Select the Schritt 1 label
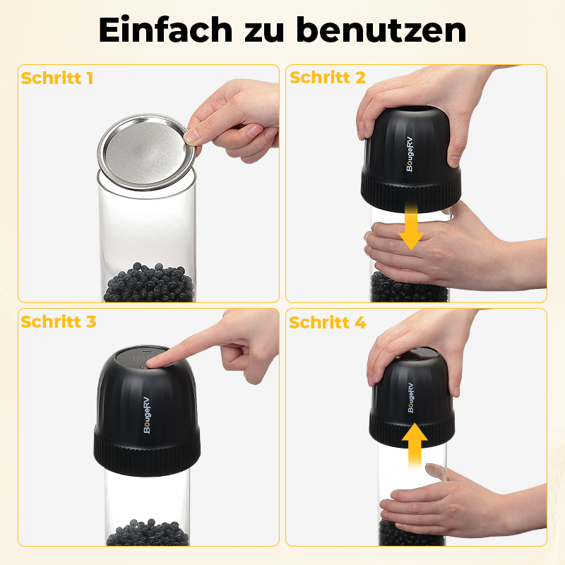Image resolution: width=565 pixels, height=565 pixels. pyautogui.click(x=57, y=78)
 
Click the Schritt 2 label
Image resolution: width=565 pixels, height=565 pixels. pyautogui.click(x=328, y=78)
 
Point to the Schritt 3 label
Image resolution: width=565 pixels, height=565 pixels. pyautogui.click(x=59, y=322)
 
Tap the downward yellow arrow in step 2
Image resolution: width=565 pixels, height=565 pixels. pyautogui.click(x=410, y=227)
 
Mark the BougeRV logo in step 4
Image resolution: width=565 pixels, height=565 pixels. pyautogui.click(x=410, y=398)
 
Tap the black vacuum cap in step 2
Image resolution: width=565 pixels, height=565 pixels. pyautogui.click(x=410, y=148)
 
